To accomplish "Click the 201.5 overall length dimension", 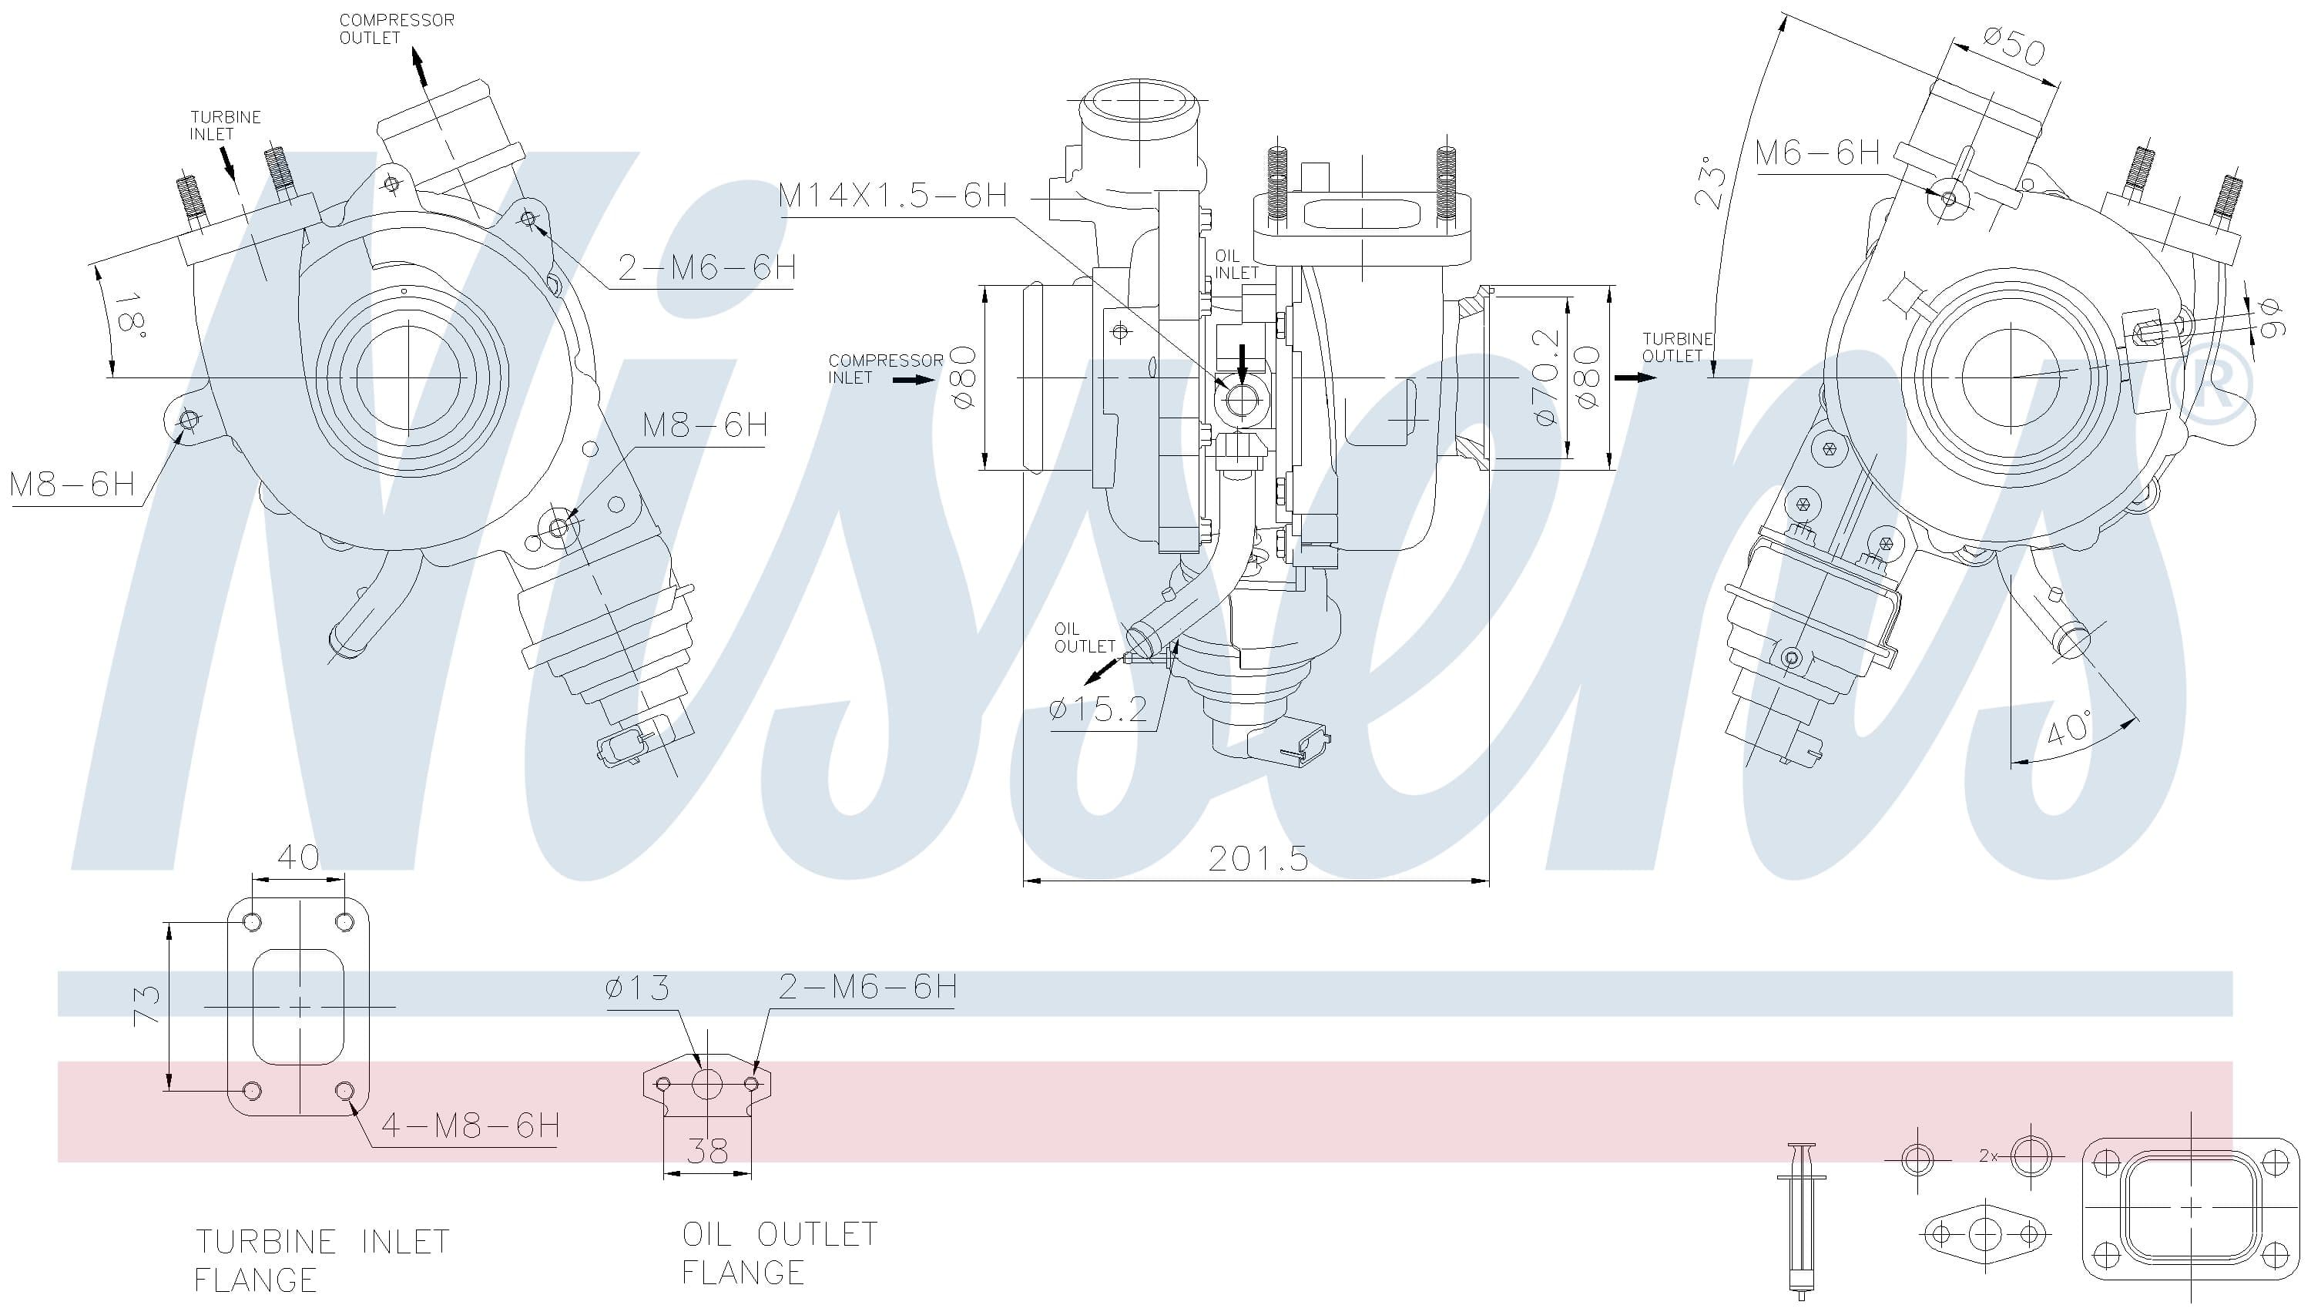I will pyautogui.click(x=1257, y=859).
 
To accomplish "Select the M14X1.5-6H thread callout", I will pyautogui.click(x=892, y=196).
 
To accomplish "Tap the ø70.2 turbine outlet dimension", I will pyautogui.click(x=1545, y=377).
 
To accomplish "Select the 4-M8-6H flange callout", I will pyautogui.click(x=470, y=1125).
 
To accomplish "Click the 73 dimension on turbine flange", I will pyautogui.click(x=147, y=1005).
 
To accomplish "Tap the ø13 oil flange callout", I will pyautogui.click(x=638, y=989).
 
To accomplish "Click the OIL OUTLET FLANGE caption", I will pyautogui.click(x=779, y=1253).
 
